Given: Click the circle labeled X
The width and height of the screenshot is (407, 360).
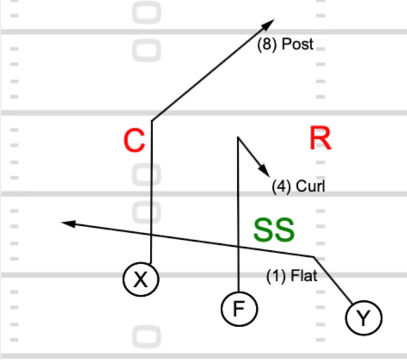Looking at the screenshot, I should (141, 280).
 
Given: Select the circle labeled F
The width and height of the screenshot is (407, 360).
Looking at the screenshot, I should (239, 309).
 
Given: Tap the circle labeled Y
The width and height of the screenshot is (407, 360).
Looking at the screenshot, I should (364, 318).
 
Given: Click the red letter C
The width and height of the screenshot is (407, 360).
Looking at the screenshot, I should (134, 141).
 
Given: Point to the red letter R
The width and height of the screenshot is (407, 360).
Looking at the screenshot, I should (321, 139).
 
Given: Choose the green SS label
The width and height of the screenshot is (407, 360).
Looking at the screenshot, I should (274, 230).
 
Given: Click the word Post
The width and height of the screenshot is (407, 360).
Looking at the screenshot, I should (296, 44).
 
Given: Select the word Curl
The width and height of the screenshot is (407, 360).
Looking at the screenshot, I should (310, 186).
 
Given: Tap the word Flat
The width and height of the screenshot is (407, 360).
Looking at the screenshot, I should (304, 276).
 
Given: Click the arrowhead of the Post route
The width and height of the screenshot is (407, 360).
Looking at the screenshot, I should (271, 22).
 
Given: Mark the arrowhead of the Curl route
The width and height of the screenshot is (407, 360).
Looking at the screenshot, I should (266, 173).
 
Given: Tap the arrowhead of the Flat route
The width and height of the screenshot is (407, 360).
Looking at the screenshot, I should (66, 223).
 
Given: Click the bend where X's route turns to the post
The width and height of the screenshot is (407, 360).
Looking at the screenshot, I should (151, 121).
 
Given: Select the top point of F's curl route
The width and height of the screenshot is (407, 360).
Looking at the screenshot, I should (238, 137).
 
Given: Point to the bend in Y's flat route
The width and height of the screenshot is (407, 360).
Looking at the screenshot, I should (314, 257).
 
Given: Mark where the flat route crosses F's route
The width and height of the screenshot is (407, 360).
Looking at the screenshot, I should (238, 247).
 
